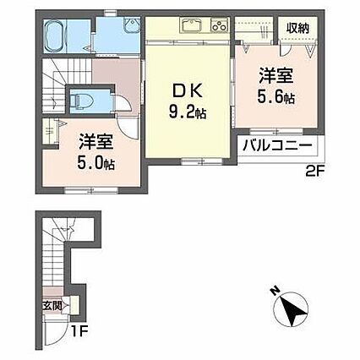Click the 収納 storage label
297,27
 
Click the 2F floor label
316,171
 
